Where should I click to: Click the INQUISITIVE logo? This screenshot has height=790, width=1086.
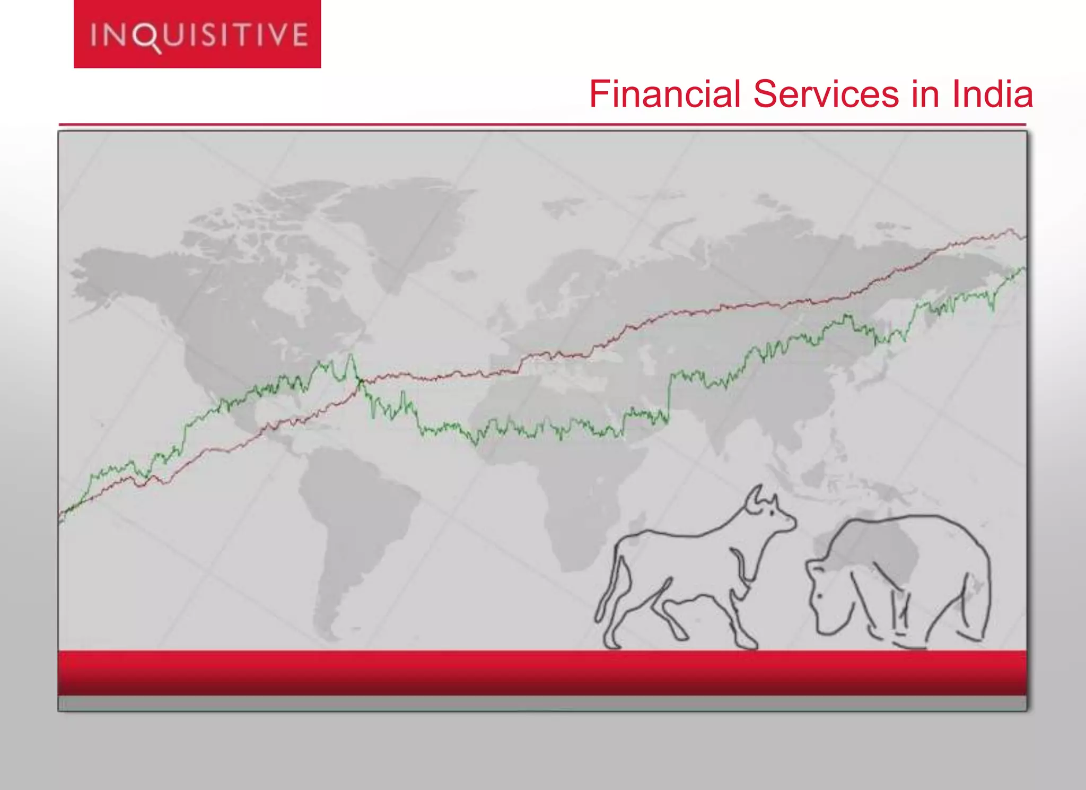[197, 34]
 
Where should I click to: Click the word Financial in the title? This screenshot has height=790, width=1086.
[664, 94]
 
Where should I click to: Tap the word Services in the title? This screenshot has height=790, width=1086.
[826, 94]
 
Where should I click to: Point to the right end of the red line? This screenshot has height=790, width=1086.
[1024, 237]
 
